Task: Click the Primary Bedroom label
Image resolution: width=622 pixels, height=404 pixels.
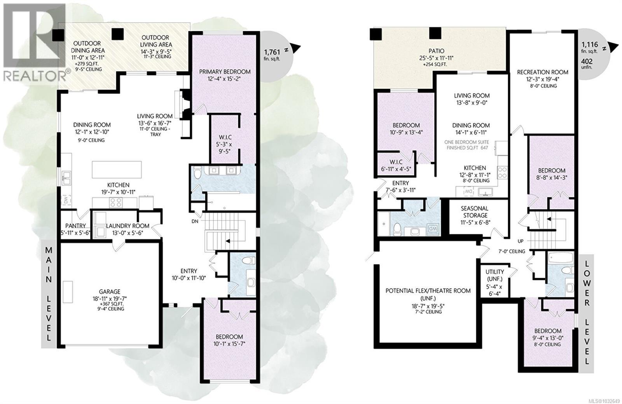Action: (x=225, y=72)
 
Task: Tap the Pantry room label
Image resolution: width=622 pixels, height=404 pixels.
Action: (x=75, y=226)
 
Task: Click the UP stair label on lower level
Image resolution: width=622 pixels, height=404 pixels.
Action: (x=520, y=241)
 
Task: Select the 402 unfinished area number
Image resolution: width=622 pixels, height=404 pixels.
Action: (x=587, y=61)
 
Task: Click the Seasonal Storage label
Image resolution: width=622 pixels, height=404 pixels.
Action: (x=475, y=212)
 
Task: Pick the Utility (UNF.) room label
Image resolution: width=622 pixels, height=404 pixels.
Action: (x=494, y=275)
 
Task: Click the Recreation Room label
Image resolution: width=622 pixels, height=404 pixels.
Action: (x=542, y=72)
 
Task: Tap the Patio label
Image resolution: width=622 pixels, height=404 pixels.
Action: (x=436, y=51)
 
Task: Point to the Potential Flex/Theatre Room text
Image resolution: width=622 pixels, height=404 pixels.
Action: (x=428, y=290)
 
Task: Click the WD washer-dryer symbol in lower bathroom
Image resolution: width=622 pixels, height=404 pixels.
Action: (x=432, y=229)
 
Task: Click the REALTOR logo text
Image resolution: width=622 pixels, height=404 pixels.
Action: (x=34, y=75)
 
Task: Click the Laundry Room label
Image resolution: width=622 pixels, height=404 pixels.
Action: (x=128, y=226)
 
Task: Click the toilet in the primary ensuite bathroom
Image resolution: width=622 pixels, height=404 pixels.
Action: (x=196, y=173)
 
